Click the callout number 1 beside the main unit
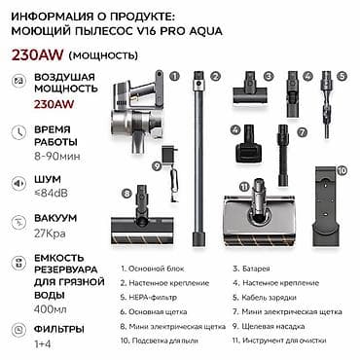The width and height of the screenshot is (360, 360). point(174,74)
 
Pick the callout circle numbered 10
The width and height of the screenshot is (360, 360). point(342,169)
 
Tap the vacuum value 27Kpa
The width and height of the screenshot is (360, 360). point(50,236)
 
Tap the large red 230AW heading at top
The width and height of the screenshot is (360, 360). point(32,54)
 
